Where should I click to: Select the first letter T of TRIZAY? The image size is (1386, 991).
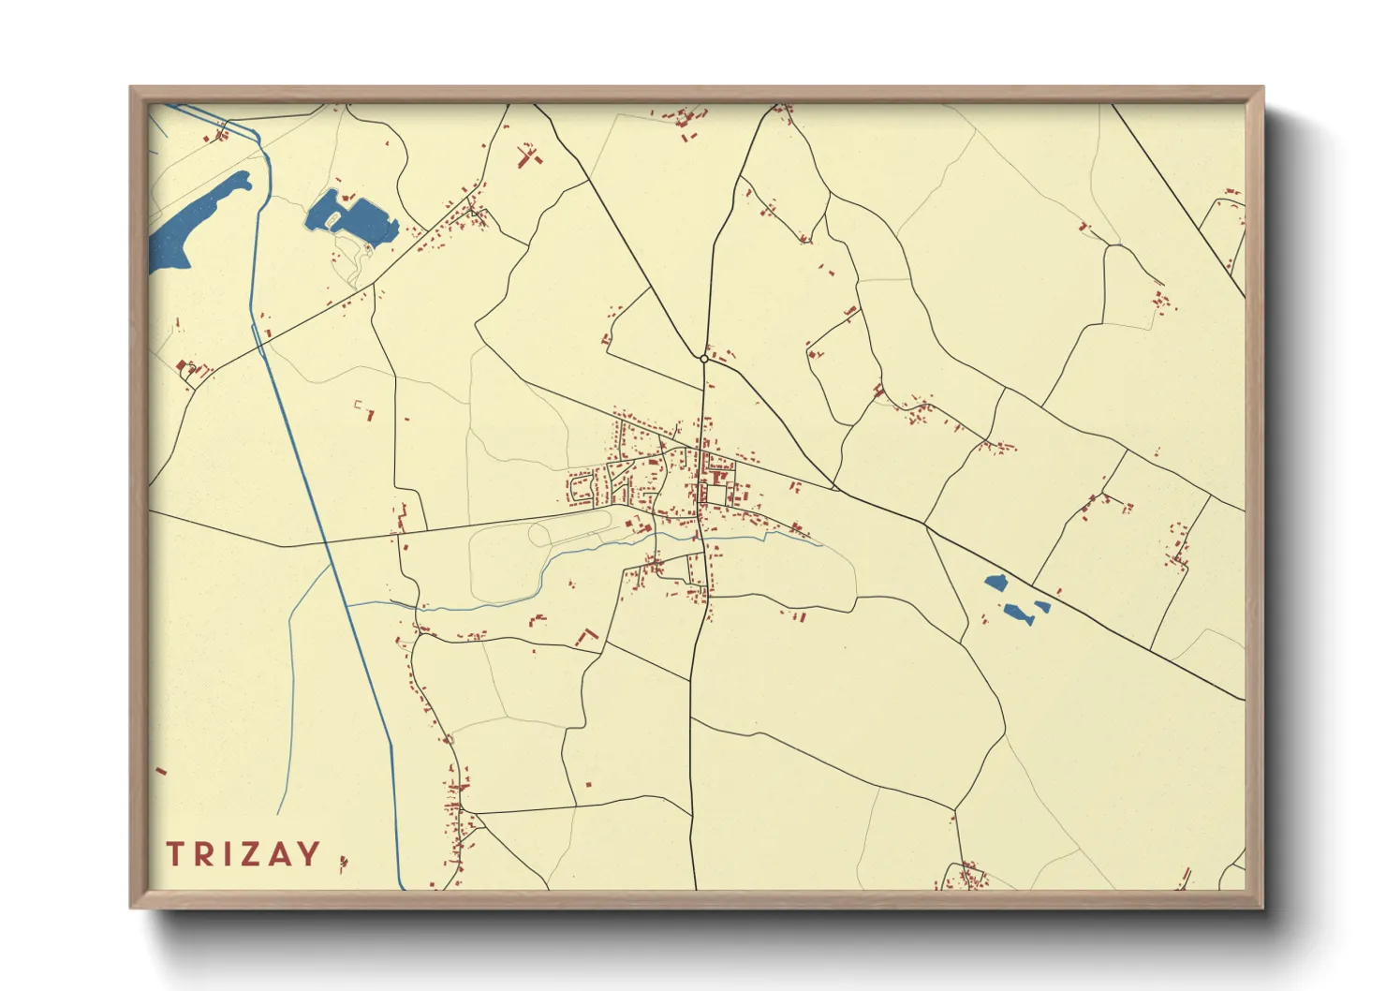click(175, 854)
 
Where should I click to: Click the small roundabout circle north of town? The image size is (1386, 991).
click(703, 359)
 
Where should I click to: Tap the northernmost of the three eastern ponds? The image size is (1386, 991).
click(995, 583)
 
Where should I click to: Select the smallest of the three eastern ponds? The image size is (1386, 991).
click(1041, 607)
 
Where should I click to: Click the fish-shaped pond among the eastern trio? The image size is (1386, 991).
click(1016, 614)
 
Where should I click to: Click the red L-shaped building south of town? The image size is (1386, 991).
click(587, 638)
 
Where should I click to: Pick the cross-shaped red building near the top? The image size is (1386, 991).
click(529, 155)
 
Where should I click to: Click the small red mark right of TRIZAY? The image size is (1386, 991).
click(343, 862)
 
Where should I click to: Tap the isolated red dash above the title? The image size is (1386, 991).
click(160, 771)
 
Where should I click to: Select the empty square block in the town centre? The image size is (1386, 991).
click(716, 494)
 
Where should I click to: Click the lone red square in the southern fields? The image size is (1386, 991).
click(589, 784)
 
